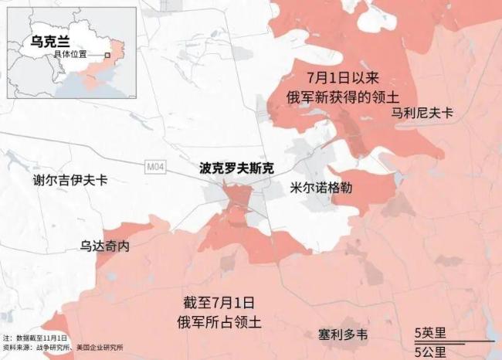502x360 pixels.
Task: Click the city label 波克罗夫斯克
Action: coord(236,168)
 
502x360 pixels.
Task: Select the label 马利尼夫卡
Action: coord(422,113)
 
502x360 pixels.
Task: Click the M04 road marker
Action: coord(155,165)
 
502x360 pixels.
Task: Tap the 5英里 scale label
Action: coord(429,333)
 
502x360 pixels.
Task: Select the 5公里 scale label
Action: coord(429,352)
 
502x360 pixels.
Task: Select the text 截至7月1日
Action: coord(219,302)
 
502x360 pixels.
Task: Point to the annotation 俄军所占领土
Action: coord(219,321)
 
